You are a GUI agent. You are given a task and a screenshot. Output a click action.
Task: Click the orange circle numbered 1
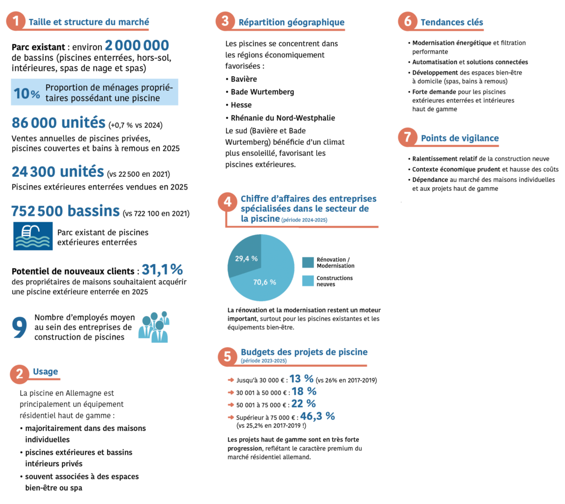pyautogui.click(x=16, y=22)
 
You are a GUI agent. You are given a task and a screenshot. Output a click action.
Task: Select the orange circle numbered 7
pyautogui.click(x=408, y=138)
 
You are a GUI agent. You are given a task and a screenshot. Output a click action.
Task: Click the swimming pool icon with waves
pyautogui.click(x=33, y=236)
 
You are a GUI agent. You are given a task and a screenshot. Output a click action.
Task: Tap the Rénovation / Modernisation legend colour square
pyautogui.click(x=307, y=262)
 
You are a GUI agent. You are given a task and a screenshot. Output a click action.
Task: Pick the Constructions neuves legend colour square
pyautogui.click(x=307, y=281)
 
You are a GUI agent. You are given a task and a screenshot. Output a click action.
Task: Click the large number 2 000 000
pyautogui.click(x=137, y=45)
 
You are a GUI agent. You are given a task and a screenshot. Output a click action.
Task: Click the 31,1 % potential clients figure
pyautogui.click(x=162, y=270)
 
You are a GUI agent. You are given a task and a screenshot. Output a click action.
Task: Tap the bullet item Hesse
pyautogui.click(x=241, y=105)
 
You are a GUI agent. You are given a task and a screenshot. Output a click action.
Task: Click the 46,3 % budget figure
pyautogui.click(x=317, y=416)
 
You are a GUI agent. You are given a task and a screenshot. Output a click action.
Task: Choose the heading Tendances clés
pyautogui.click(x=451, y=22)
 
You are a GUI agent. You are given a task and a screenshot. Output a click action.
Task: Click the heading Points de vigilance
pyautogui.click(x=460, y=138)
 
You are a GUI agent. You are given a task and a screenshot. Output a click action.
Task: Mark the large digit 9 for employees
pyautogui.click(x=19, y=327)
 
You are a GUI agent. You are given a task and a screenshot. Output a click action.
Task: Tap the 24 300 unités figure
pyautogui.click(x=58, y=171)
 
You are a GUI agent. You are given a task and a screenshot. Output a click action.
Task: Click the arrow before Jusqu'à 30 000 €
pyautogui.click(x=231, y=380)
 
